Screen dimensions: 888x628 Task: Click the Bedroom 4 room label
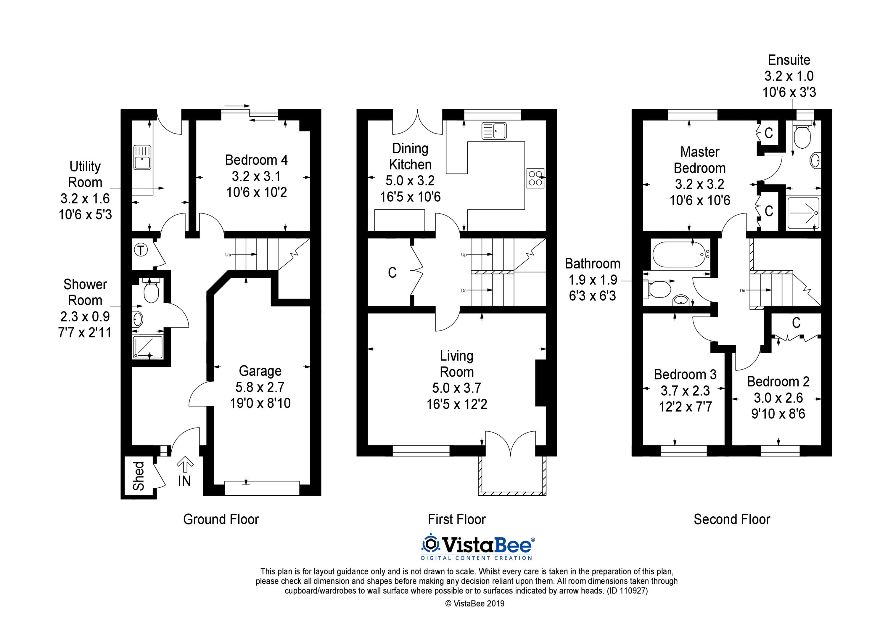(256, 160)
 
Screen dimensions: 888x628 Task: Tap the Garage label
(260, 371)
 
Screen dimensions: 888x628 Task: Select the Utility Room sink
(142, 157)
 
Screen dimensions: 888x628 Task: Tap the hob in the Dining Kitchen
(535, 178)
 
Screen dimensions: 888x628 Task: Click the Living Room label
(457, 364)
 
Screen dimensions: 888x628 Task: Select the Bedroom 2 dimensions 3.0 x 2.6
(778, 398)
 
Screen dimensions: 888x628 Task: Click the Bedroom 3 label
(685, 375)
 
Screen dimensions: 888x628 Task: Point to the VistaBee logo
(478, 547)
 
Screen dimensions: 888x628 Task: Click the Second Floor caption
(732, 519)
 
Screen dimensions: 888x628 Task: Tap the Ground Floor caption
(221, 519)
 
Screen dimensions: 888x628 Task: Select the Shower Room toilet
(151, 290)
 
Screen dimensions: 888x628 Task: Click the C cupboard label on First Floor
(392, 273)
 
